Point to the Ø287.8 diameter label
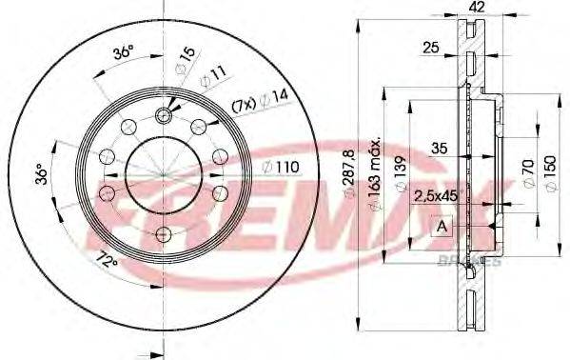[x=352, y=181]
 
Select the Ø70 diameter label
[x=524, y=174]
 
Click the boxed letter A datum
[x=440, y=227]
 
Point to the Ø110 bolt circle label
[x=282, y=168]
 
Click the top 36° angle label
[x=122, y=54]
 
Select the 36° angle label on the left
[x=40, y=174]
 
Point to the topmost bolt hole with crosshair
[x=164, y=115]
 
